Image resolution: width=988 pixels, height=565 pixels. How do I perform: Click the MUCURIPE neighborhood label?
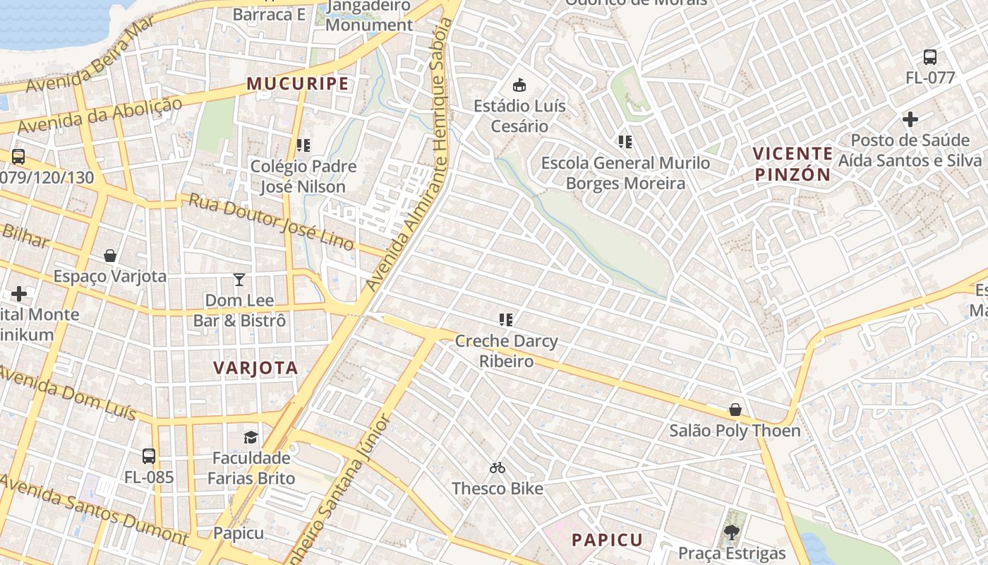pos(297,84)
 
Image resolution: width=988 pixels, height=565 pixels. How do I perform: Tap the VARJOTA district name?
pos(255,368)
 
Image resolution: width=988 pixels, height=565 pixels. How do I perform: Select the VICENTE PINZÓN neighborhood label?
pos(793,164)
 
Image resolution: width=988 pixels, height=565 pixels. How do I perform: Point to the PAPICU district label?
pos(607,540)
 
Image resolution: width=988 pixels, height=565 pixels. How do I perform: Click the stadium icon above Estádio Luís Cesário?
pos(519,85)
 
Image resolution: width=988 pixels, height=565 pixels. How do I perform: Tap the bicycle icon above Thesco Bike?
pos(498,468)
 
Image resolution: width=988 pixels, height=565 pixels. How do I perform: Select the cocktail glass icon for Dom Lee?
pos(239,280)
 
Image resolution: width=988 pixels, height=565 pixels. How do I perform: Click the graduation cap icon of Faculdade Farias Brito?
pos(251,437)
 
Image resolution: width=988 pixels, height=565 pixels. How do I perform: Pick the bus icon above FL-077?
pos(929,57)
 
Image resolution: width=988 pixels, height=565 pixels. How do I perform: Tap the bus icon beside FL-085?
pos(148,456)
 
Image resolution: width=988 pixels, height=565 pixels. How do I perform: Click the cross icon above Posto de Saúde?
pos(910,119)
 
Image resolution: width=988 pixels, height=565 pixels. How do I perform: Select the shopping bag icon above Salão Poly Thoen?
pos(735,410)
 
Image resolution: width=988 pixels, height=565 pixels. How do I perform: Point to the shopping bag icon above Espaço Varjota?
pos(110,255)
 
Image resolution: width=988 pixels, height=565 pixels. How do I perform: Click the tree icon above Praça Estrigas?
pos(732,532)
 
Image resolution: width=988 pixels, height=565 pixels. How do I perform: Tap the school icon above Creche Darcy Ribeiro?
pos(505,320)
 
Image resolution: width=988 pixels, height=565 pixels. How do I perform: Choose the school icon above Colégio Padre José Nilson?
pos(303,145)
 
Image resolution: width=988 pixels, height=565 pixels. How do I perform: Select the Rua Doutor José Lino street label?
pos(271,221)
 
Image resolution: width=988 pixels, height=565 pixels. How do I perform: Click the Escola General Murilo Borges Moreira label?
pos(625,173)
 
